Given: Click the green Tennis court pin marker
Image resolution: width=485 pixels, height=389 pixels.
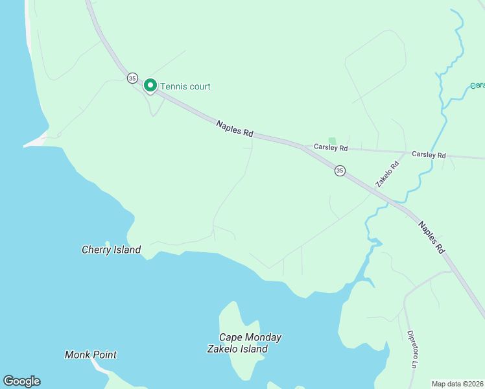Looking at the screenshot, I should tap(150, 86).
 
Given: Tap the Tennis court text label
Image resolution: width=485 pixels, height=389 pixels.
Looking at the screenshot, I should tap(185, 86).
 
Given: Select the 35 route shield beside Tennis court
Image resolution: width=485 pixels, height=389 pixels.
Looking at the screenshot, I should tap(132, 78).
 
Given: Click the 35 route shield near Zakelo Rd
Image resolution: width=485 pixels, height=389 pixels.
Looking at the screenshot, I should tap(340, 171).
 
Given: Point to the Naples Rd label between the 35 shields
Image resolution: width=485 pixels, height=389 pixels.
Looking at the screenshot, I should tap(234, 128).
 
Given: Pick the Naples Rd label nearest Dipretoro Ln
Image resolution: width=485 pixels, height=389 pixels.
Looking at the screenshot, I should tap(432, 238).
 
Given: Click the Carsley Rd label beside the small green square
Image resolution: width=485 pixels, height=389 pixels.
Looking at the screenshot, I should tap(331, 148).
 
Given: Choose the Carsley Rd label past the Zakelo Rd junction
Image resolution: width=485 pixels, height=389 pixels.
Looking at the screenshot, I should tap(429, 155).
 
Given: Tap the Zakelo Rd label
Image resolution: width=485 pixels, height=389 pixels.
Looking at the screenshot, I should tap(387, 174).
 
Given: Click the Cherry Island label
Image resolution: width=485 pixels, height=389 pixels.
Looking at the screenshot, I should tap(111, 250).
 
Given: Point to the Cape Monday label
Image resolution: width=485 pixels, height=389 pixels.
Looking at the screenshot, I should tap(250, 337).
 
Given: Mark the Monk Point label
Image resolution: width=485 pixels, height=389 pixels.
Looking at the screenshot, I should tap(91, 355).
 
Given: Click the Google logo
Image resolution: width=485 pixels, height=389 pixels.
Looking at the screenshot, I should tap(21, 381).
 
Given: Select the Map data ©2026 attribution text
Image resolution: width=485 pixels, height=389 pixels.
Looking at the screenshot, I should tap(457, 384).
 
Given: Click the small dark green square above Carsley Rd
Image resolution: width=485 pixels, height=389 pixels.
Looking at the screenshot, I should tap(333, 140).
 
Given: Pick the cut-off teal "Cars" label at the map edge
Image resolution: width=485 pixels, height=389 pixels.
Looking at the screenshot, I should tap(477, 86).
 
